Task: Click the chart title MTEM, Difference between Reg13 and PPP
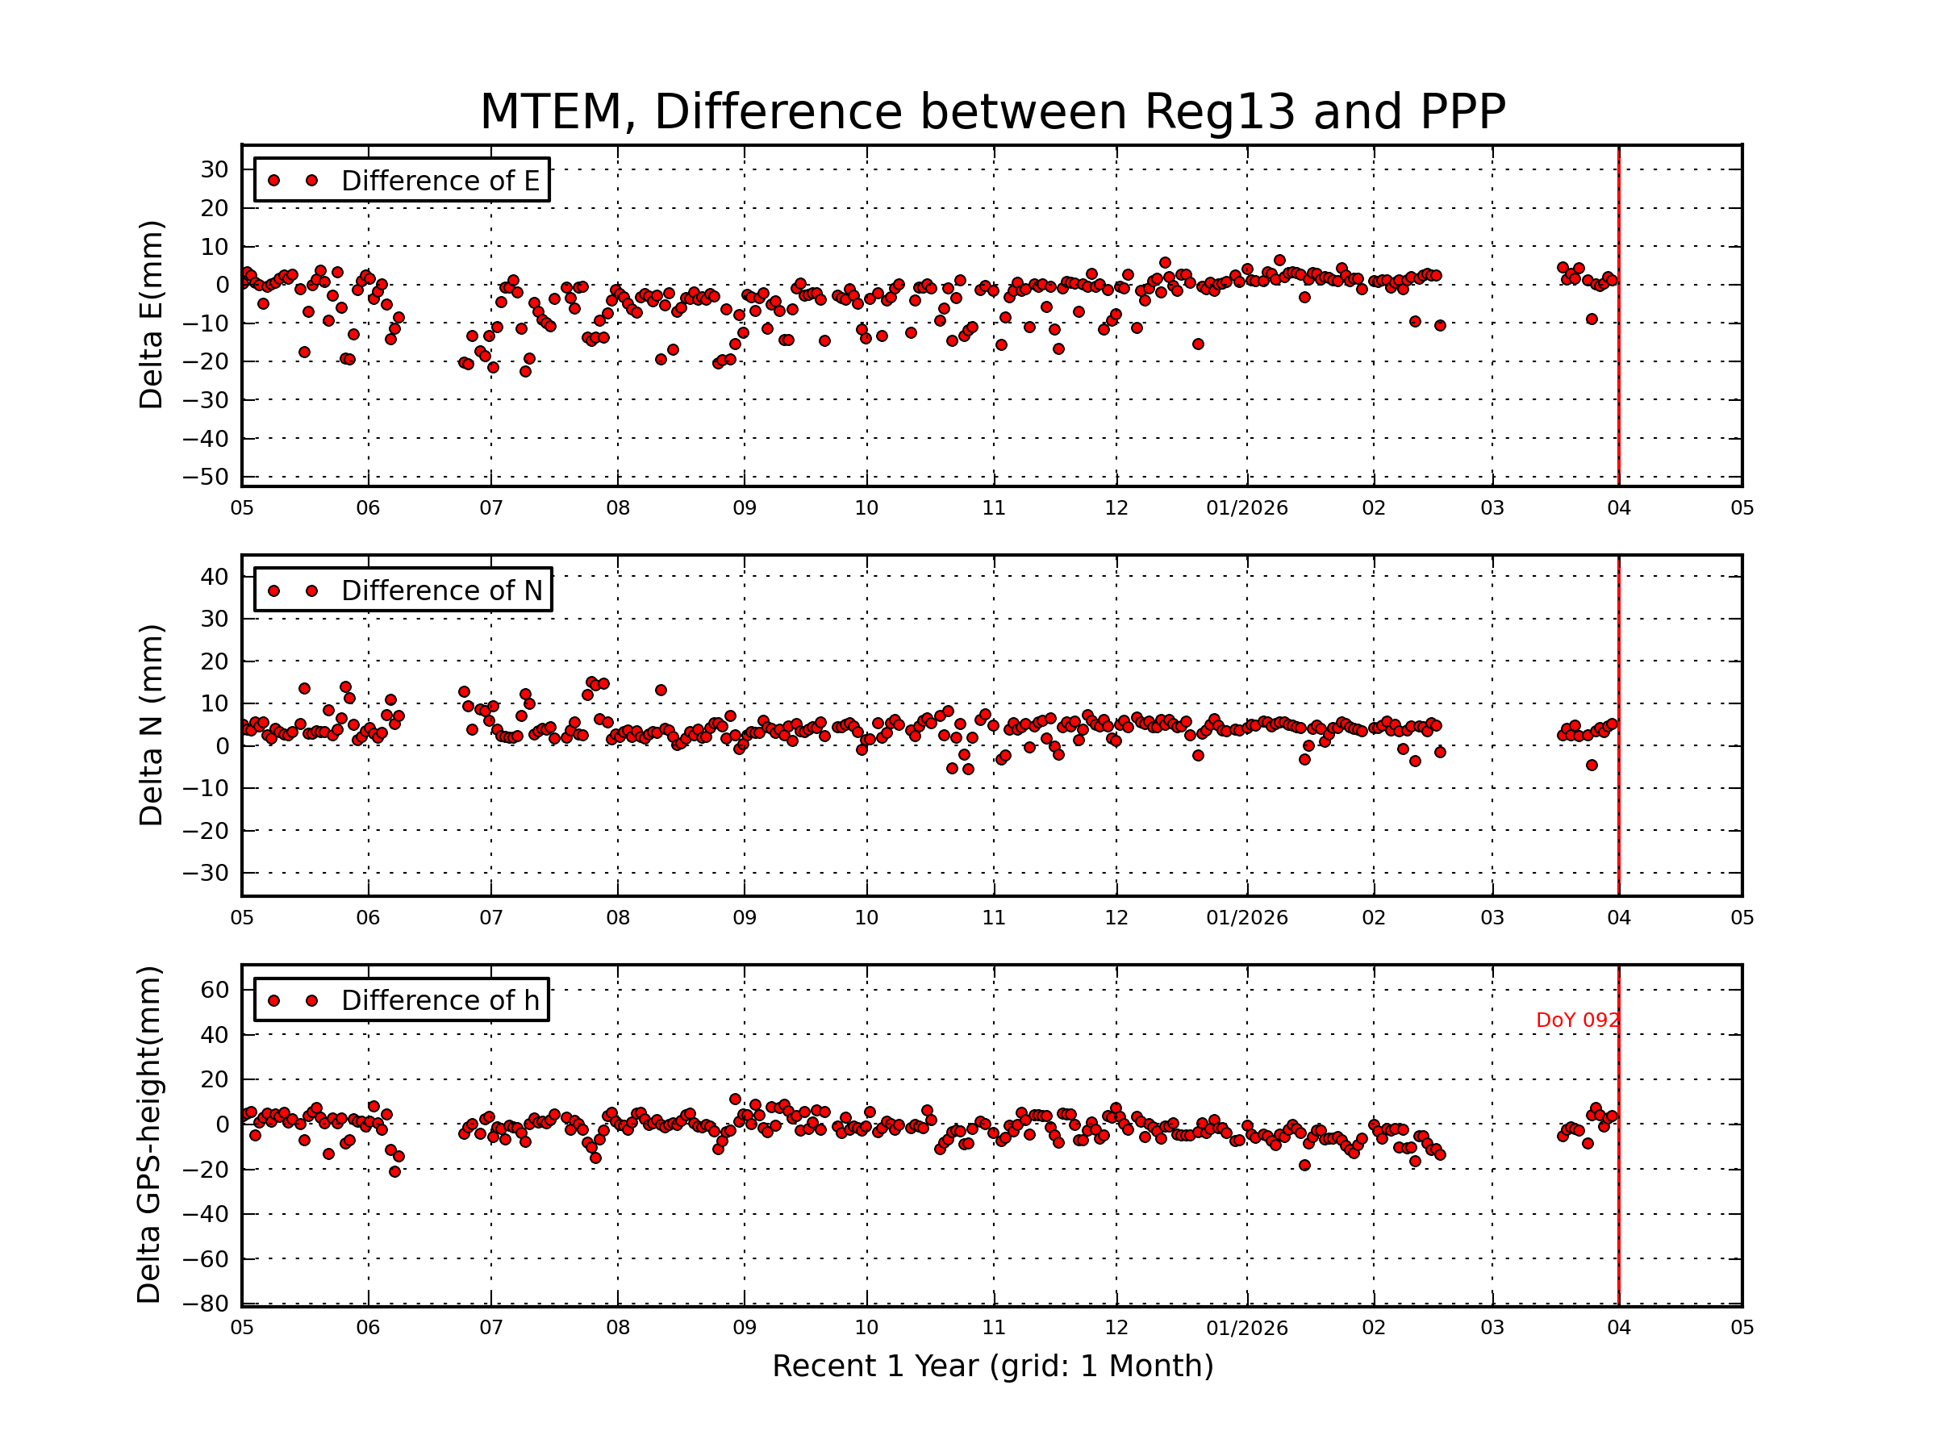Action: coord(991,112)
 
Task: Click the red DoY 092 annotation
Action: coord(1577,1020)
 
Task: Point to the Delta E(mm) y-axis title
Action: coord(152,315)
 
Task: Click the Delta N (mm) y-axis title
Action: coord(152,724)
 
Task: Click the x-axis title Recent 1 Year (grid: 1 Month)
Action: coord(991,1366)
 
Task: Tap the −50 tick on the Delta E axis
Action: coord(205,477)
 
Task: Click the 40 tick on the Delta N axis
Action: coord(215,577)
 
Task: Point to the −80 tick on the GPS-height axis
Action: coord(205,1304)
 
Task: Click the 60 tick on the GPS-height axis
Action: coord(215,990)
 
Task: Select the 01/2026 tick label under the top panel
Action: coord(1246,508)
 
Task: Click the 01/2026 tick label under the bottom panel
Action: coord(1246,1329)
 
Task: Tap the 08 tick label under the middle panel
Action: coord(618,918)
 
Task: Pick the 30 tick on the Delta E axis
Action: coord(215,169)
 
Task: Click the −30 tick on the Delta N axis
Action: coord(205,874)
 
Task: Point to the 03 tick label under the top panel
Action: coord(1492,508)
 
